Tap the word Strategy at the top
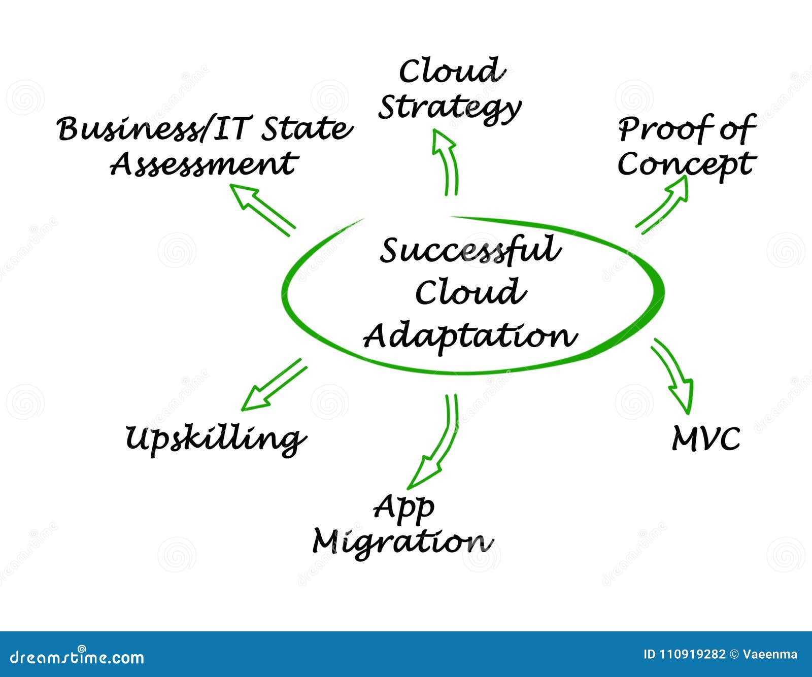pos(450,108)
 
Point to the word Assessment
pos(203,164)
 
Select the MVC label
pos(706,438)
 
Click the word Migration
pos(402,543)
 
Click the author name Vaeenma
pos(770,655)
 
